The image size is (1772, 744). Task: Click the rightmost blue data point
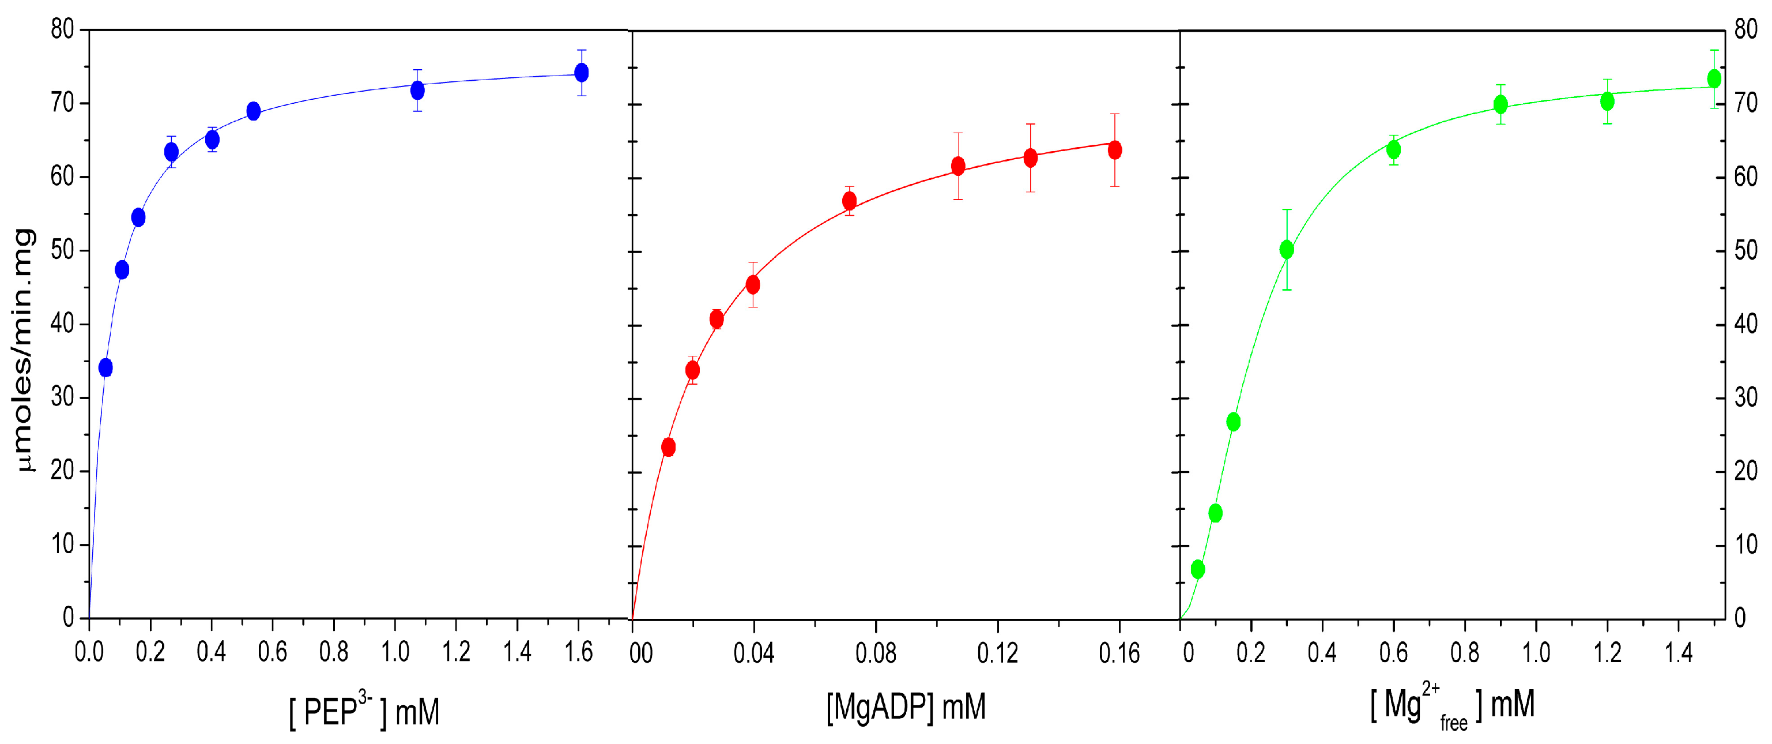[x=581, y=72]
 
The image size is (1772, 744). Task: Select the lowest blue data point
[x=105, y=367]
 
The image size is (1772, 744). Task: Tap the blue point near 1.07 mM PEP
[x=417, y=90]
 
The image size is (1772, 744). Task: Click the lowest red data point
[x=668, y=448]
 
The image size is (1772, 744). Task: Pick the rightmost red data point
[x=1115, y=150]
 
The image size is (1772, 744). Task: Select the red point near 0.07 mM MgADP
[x=850, y=201]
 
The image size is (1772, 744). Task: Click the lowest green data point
[x=1198, y=569]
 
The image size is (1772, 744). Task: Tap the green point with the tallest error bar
[x=1287, y=250]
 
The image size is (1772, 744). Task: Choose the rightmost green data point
[x=1714, y=79]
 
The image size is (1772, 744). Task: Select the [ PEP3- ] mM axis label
[x=364, y=711]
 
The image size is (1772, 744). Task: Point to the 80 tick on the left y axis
[x=62, y=29]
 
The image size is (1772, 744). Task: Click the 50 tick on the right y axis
[x=1746, y=250]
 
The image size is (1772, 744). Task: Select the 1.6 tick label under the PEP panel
[x=579, y=652]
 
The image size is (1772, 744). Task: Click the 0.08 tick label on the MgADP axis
[x=876, y=653]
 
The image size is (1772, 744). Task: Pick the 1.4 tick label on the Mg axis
[x=1679, y=652]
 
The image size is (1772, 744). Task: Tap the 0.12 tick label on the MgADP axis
[x=997, y=653]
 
